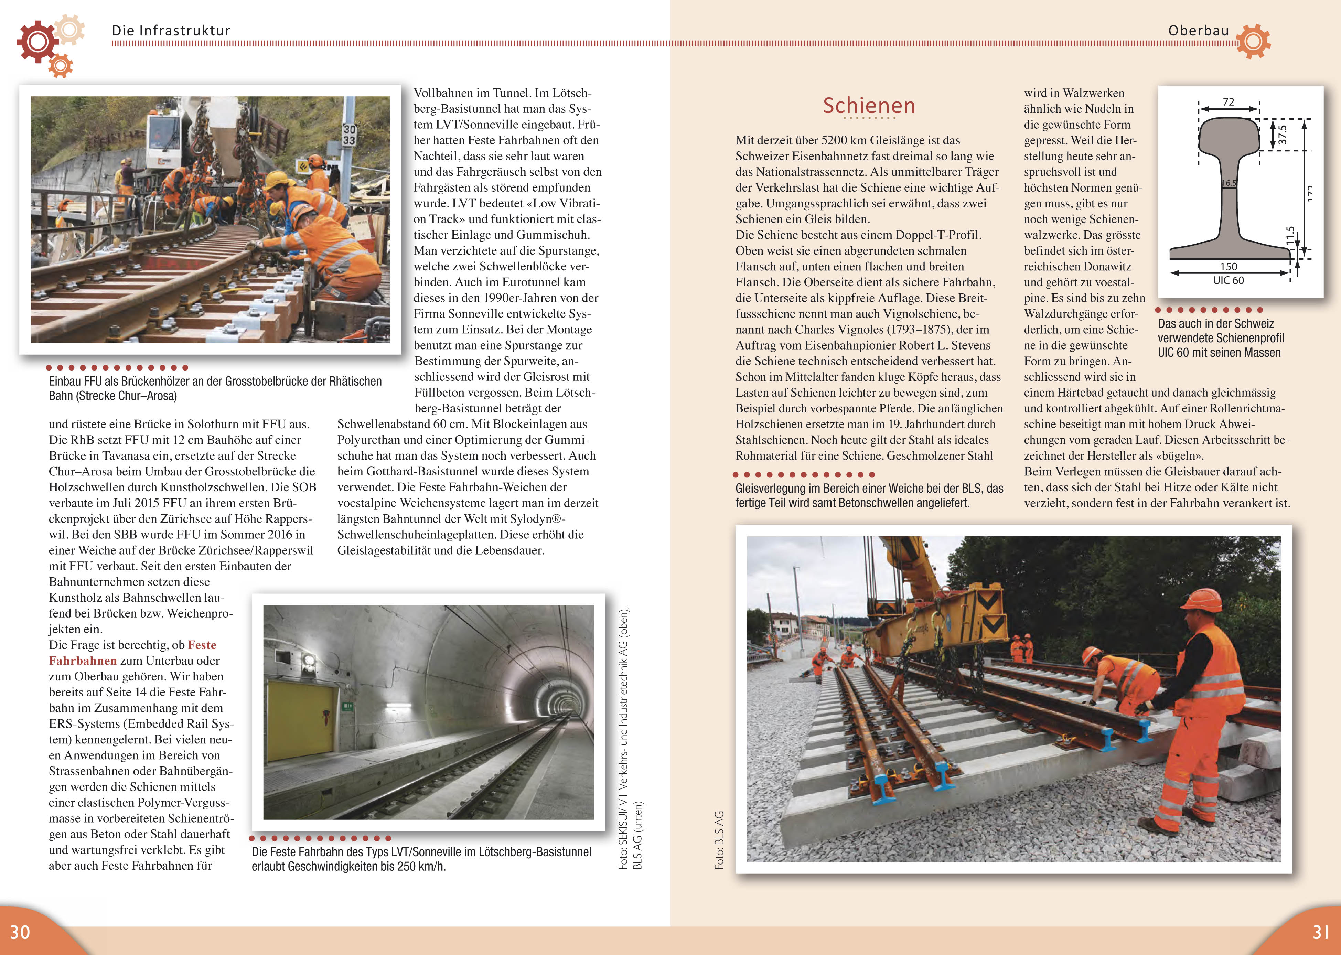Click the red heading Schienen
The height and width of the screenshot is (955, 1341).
(869, 106)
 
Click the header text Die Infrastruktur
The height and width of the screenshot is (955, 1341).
(171, 31)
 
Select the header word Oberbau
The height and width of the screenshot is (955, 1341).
(1198, 31)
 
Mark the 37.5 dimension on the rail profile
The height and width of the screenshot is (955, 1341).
(1282, 135)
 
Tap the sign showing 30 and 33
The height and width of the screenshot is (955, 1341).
(349, 135)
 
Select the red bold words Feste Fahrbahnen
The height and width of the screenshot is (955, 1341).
(133, 653)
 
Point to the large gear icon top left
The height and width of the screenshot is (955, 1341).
(37, 41)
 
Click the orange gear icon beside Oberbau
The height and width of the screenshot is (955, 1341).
(1253, 41)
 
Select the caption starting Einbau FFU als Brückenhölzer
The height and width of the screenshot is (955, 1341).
(215, 388)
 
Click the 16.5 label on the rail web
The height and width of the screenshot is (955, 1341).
(1229, 183)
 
